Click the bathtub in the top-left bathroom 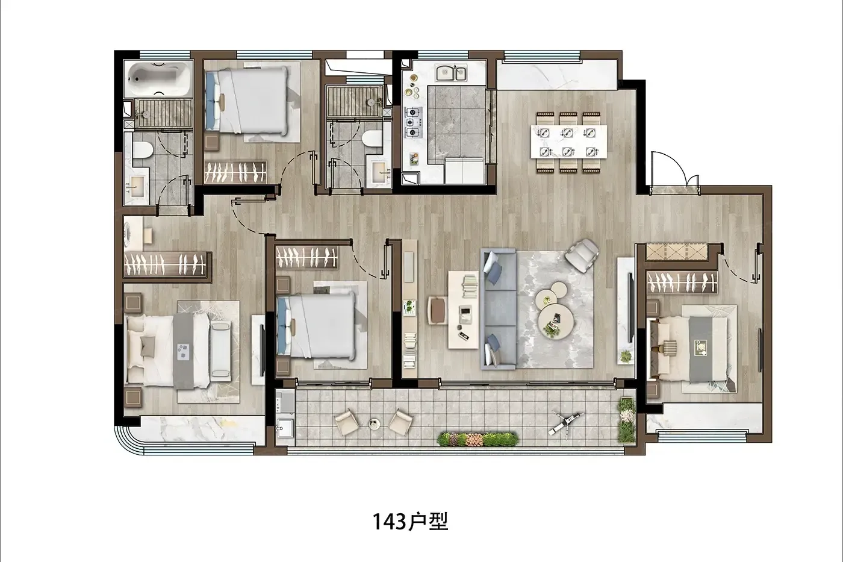[158, 80]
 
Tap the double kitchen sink [451, 73]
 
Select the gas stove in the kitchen [414, 122]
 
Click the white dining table [568, 142]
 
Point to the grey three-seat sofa [499, 308]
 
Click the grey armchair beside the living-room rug [582, 255]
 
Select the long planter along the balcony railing [477, 439]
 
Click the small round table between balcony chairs [375, 424]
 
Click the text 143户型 [410, 522]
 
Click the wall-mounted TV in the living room [631, 308]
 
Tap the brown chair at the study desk [438, 310]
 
